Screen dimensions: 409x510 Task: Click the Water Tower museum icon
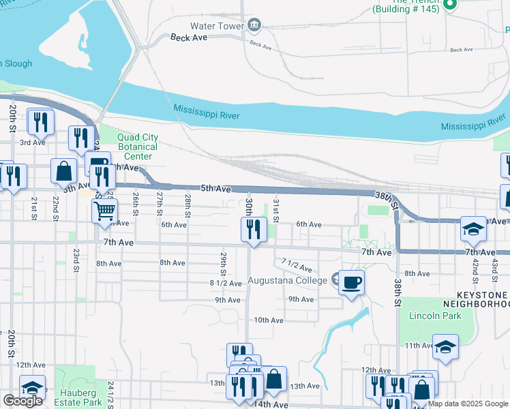254,26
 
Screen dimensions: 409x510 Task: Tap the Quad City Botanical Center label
138,147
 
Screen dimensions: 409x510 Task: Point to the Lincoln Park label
435,316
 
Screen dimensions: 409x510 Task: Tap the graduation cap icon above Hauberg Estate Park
32,387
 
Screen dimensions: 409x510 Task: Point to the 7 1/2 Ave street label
297,265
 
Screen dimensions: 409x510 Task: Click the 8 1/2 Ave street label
226,283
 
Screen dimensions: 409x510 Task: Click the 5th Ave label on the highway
216,188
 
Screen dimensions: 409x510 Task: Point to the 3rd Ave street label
32,142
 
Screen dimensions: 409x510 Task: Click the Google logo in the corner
22,401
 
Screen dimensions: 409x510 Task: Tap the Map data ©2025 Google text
468,404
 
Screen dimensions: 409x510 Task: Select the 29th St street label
224,260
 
